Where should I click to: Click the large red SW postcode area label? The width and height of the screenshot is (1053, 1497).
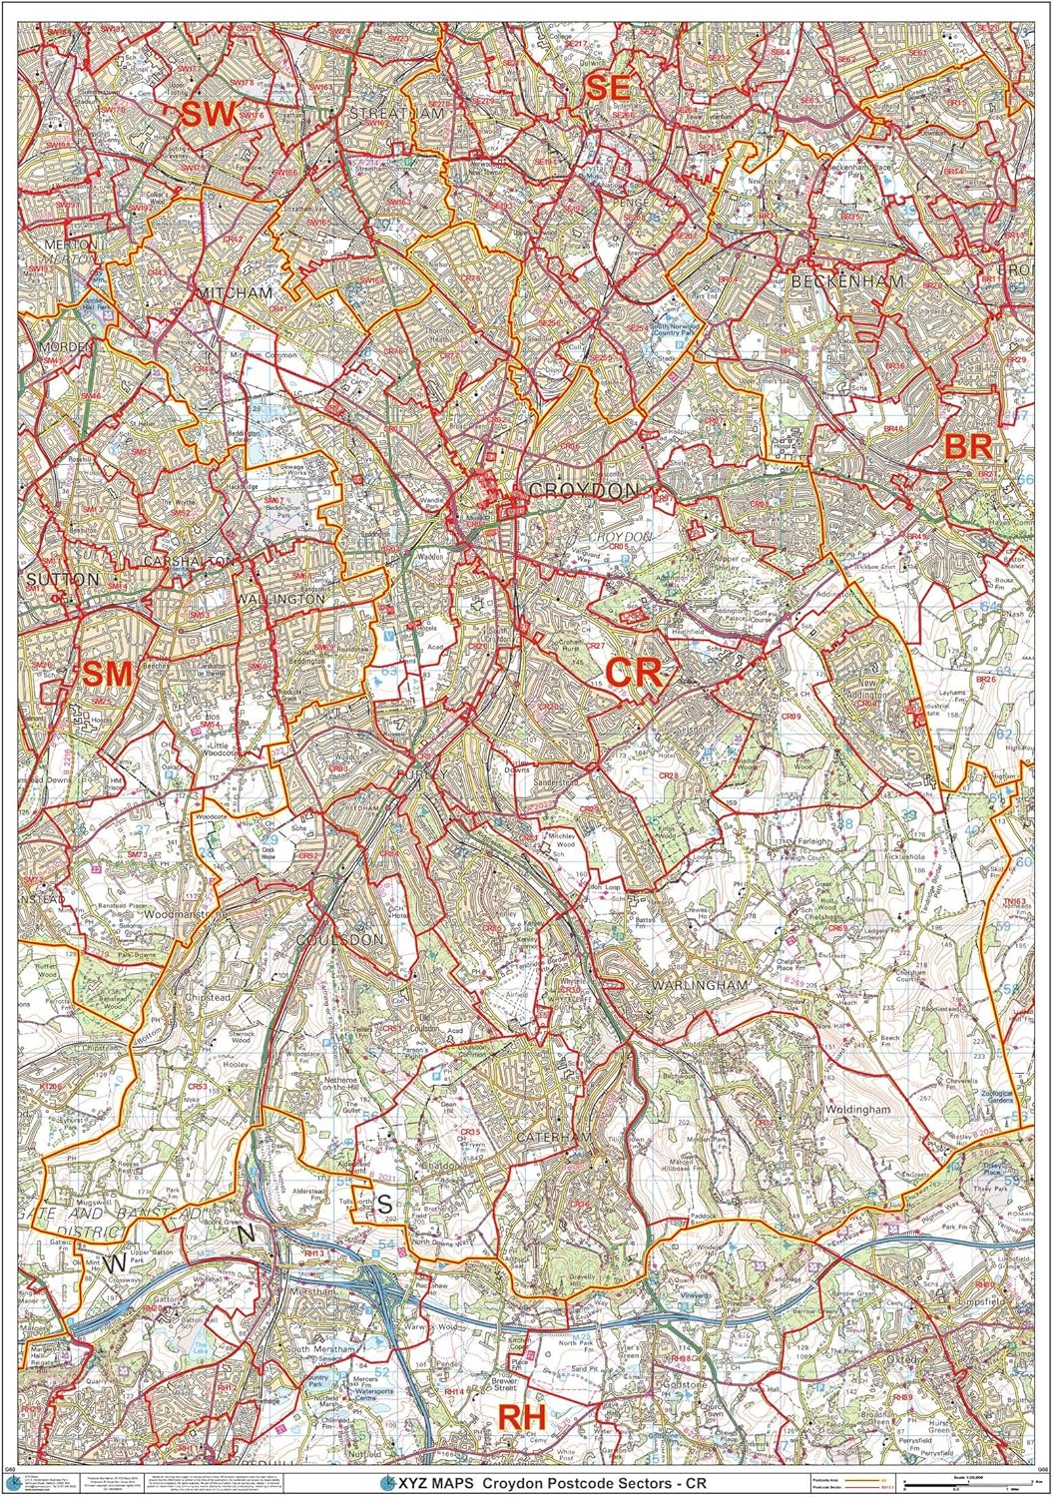(207, 114)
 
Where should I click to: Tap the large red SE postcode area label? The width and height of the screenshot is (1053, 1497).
(608, 87)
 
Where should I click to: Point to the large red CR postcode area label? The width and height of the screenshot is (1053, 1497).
(634, 672)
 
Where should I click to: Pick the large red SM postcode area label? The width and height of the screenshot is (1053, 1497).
(107, 674)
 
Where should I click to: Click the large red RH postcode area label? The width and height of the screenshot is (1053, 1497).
(522, 1416)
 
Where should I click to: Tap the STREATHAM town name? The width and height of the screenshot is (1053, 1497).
(396, 114)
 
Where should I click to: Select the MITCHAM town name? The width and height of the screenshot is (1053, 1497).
(235, 293)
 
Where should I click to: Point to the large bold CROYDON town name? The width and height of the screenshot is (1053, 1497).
(584, 491)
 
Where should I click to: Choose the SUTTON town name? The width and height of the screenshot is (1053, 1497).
(63, 579)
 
